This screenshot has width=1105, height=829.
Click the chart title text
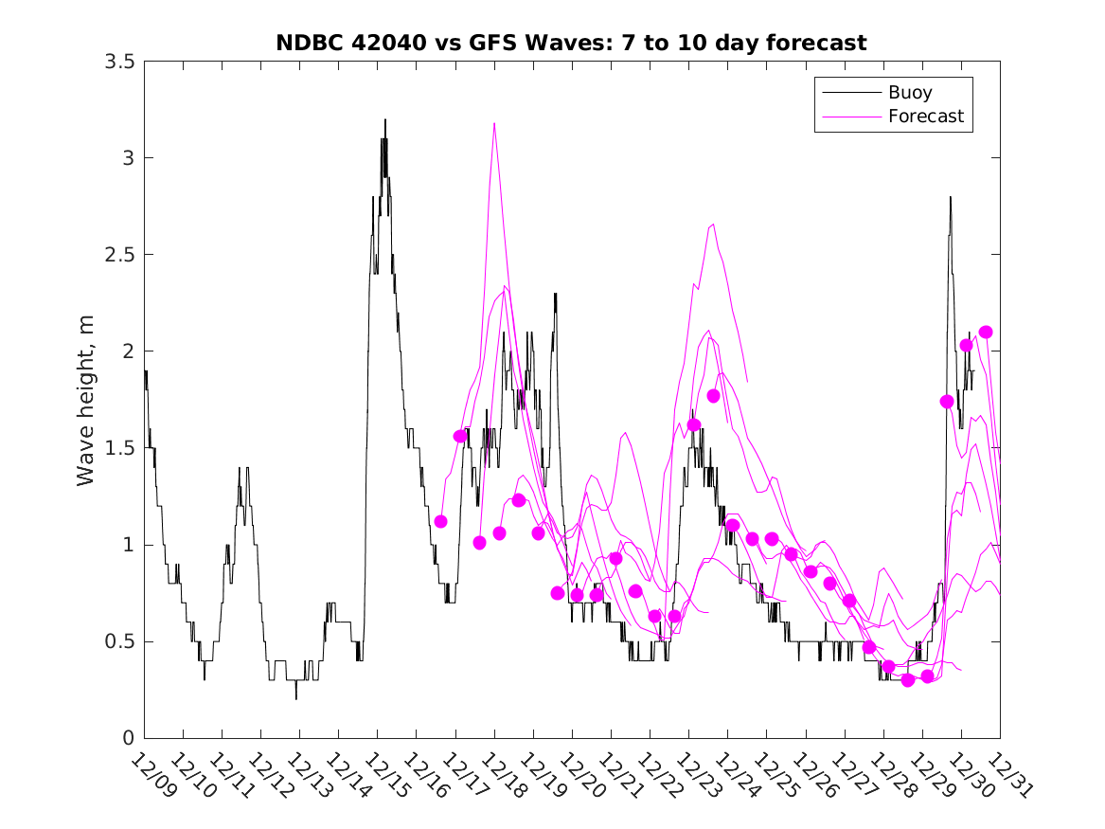[571, 44]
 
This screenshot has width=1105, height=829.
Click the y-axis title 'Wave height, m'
[86, 401]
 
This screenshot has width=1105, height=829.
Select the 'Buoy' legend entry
[909, 93]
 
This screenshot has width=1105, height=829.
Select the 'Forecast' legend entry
[925, 117]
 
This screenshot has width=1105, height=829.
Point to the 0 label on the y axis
[127, 738]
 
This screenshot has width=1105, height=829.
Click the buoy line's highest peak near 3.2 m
[385, 120]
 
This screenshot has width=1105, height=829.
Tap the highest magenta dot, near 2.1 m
[986, 332]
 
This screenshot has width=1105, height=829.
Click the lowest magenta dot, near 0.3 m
[908, 680]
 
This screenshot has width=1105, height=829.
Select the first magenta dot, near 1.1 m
[440, 521]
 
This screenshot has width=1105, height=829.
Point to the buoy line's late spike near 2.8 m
[950, 197]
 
